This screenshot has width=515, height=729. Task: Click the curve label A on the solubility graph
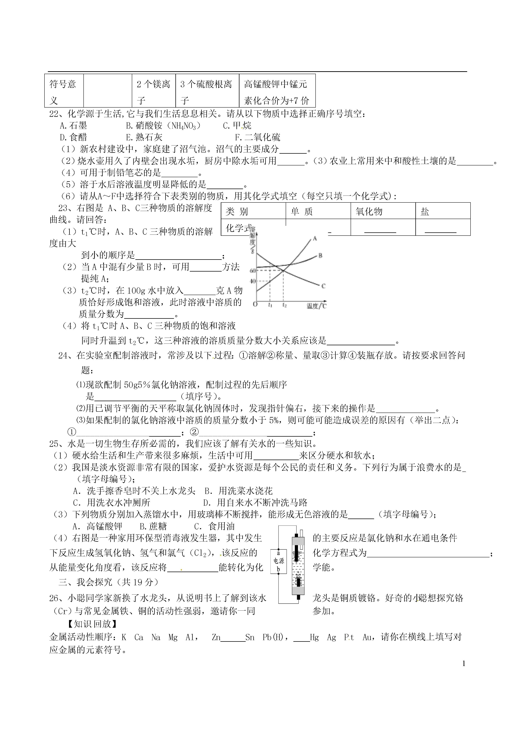coord(315,238)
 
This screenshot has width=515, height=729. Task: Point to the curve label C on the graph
coord(323,286)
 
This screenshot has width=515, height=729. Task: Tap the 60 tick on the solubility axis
coord(253,270)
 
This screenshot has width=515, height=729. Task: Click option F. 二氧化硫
coord(258,137)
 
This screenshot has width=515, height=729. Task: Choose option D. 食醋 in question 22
coord(73,137)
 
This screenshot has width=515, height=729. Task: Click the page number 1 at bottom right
coord(464,663)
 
